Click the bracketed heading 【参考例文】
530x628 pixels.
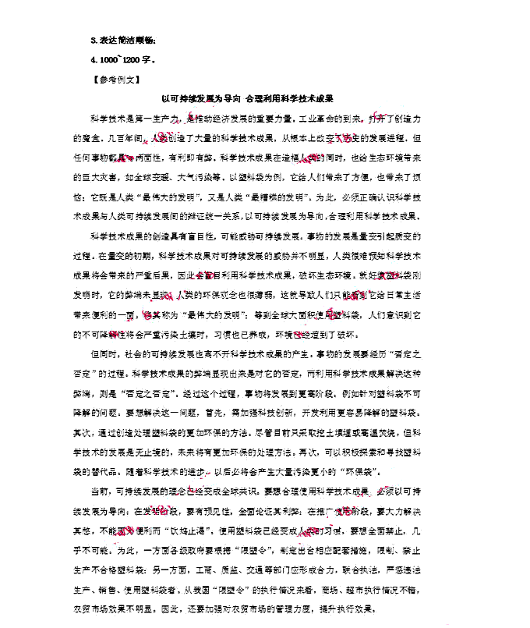(x=115, y=80)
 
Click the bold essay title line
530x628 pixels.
(x=247, y=99)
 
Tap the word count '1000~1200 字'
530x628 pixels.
(x=122, y=59)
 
